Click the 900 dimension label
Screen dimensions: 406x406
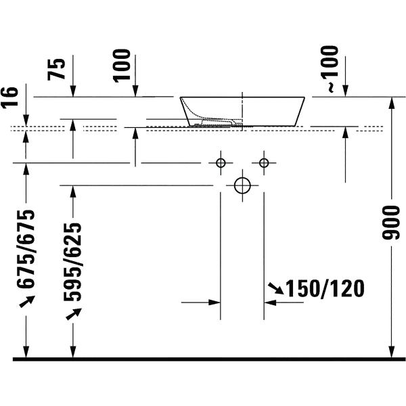391,223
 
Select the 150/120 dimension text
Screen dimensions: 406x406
325,288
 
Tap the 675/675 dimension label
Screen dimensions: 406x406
26,249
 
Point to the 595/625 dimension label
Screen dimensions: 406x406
72,261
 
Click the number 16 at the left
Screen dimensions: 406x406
10,97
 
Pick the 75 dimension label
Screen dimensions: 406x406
56,69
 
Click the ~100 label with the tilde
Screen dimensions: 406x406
330,69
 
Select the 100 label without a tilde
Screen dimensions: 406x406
122,66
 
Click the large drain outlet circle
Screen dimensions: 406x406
242,185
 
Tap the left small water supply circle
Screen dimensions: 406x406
221,163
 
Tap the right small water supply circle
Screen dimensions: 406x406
264,163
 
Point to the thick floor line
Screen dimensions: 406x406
209,359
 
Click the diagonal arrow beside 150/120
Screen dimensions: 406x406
276,288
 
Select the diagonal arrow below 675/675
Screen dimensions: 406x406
27,301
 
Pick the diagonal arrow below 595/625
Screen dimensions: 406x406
74,314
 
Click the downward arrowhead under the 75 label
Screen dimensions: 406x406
73,91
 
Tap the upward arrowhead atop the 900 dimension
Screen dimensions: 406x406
392,103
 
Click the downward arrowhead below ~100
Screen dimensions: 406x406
345,91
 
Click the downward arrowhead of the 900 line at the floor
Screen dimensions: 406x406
392,352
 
